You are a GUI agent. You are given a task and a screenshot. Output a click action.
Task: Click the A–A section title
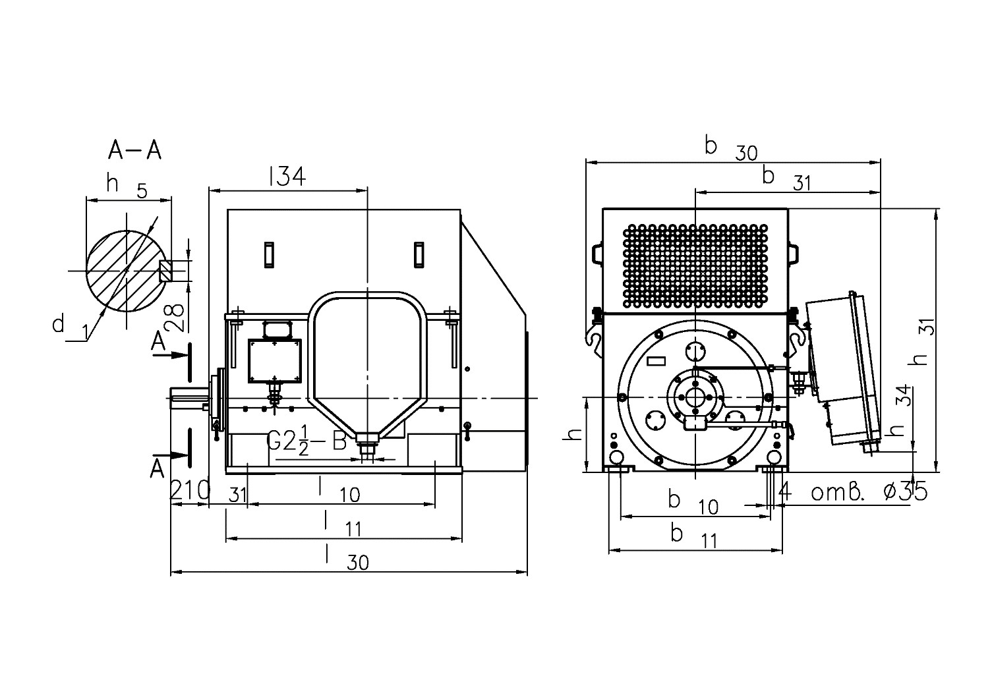tap(134, 150)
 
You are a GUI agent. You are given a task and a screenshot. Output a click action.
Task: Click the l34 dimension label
tap(287, 176)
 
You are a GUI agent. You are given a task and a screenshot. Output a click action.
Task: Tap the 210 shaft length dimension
tap(190, 489)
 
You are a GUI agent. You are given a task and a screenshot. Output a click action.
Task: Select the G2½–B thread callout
tap(306, 440)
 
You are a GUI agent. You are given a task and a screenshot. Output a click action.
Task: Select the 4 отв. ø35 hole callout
tap(852, 492)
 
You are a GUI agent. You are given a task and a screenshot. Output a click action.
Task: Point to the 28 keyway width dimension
tap(176, 318)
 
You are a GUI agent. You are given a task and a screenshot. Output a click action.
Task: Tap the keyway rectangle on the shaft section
tap(164, 271)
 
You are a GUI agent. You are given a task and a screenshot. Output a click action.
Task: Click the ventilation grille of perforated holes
tap(695, 266)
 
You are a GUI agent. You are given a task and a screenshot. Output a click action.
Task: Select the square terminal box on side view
tap(275, 361)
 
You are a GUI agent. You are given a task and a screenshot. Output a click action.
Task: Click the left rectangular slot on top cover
tap(269, 254)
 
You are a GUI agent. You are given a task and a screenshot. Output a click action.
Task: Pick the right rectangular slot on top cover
tap(419, 254)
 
